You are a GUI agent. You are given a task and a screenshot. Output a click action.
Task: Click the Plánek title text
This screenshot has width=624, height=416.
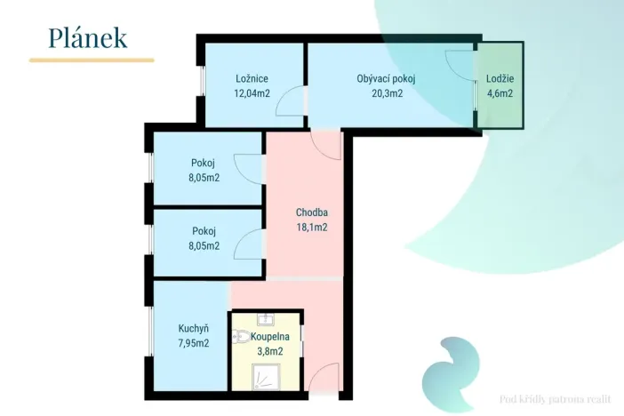point(88,38)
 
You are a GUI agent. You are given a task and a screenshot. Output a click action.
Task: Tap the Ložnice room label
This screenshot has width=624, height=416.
point(252,78)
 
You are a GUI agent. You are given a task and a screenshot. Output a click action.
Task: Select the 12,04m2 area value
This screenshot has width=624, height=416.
point(252,93)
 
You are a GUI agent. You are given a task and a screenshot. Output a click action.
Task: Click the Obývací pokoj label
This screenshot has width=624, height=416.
point(386,79)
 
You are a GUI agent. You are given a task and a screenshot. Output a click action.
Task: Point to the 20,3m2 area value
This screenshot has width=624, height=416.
point(388,93)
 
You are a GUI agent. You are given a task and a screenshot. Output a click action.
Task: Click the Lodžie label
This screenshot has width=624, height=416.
point(500,78)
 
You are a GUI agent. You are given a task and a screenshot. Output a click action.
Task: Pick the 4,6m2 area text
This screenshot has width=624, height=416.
point(500,93)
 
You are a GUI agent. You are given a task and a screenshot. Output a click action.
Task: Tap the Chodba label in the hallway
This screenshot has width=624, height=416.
point(312,212)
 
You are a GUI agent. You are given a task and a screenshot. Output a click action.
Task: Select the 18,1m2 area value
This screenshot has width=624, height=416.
point(312,227)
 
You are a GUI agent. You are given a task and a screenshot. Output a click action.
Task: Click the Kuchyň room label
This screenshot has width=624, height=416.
point(194,328)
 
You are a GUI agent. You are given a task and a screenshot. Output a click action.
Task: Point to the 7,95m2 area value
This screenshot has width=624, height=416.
point(194,343)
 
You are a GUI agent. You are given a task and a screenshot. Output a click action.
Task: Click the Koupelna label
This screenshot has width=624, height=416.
point(270,336)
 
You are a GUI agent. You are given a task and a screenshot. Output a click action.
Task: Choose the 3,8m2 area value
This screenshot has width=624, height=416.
point(270,351)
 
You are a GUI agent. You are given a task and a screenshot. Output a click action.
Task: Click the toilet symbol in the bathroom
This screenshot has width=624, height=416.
point(241,337)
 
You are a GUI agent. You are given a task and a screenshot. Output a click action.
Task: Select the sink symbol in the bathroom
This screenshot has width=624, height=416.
point(265,319)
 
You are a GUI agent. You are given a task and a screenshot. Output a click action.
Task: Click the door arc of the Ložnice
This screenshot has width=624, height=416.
point(290,101)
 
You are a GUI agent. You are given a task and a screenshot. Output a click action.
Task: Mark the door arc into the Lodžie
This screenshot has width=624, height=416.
point(460,66)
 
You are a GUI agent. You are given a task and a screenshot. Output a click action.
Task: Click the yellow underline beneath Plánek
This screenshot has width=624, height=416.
point(92,60)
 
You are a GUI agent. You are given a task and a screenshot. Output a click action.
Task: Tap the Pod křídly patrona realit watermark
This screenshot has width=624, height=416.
point(555,399)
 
